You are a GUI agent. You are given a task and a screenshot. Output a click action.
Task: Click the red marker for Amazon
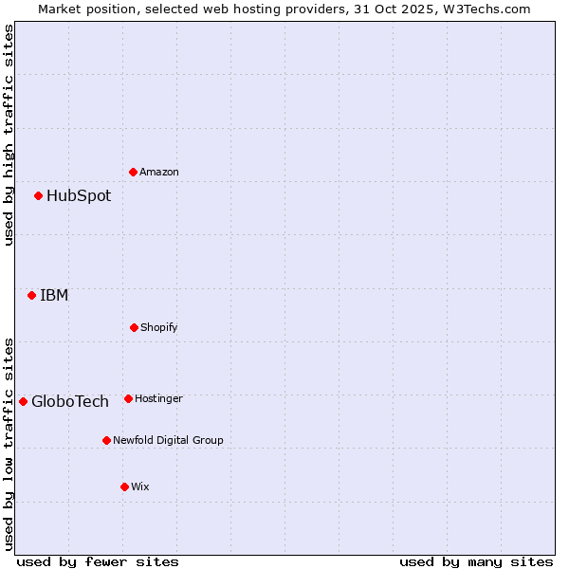(x=134, y=172)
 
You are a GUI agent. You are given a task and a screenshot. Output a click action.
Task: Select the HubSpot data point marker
(x=39, y=196)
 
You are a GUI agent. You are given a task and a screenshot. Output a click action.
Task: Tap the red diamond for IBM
(x=32, y=295)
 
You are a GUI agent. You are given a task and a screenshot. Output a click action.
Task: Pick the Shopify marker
(x=134, y=327)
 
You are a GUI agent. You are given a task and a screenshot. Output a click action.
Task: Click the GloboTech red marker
(x=24, y=401)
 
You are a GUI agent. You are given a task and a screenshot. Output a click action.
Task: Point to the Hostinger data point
(x=128, y=398)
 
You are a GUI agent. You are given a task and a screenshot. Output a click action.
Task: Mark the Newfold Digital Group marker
(x=106, y=440)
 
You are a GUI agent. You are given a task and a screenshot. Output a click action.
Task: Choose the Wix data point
(x=124, y=486)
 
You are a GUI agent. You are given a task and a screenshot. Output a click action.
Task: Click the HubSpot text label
(x=79, y=196)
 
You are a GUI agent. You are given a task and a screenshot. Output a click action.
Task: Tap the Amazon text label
(x=159, y=172)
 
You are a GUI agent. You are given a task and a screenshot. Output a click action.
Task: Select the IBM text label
(x=54, y=295)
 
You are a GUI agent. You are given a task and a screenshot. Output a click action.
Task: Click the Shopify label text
(x=159, y=327)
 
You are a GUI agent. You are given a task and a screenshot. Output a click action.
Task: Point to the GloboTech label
(x=70, y=401)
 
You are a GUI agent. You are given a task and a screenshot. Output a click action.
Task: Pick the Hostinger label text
(x=158, y=398)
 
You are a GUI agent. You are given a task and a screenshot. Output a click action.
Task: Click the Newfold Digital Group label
(x=168, y=440)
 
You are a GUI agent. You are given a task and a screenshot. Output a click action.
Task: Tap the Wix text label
(x=140, y=486)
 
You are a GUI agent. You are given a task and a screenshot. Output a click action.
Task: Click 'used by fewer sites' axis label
(x=98, y=561)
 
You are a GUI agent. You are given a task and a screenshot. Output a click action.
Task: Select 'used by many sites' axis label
(x=476, y=561)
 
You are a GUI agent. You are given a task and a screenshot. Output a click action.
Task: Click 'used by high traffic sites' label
(x=9, y=135)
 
